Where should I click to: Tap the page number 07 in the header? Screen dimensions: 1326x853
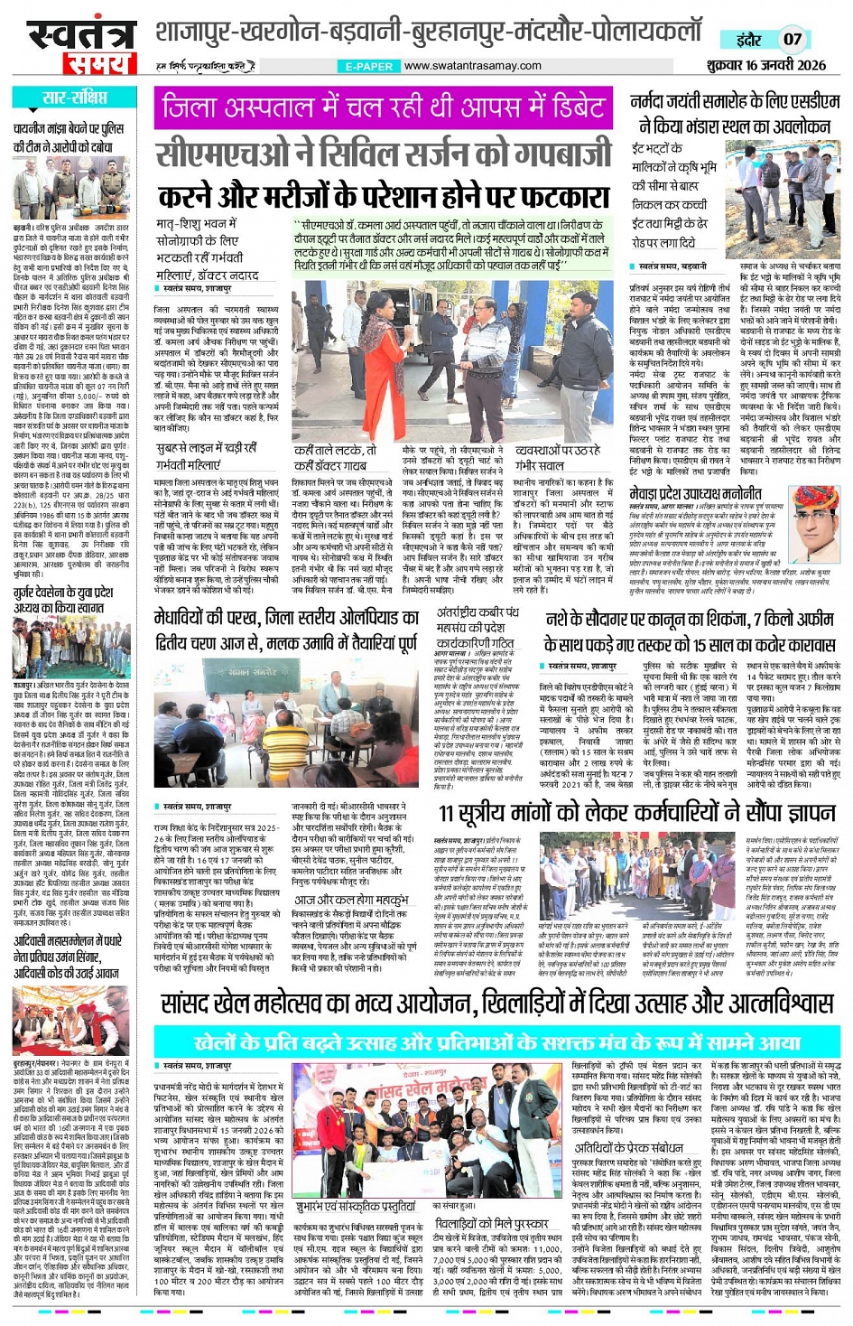tap(793, 39)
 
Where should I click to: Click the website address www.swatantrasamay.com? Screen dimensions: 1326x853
tap(473, 66)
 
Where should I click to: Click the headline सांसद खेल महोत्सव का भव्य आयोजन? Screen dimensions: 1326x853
tap(496, 1003)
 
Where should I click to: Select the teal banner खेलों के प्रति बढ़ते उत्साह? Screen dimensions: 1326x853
tap(496, 1041)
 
